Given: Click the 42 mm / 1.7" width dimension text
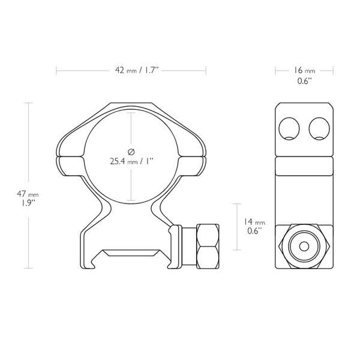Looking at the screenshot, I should point(131,71).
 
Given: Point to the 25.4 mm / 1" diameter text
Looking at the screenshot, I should point(132,161).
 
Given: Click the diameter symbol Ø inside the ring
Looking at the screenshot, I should point(132,151).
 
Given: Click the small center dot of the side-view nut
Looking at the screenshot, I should point(303,246).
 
